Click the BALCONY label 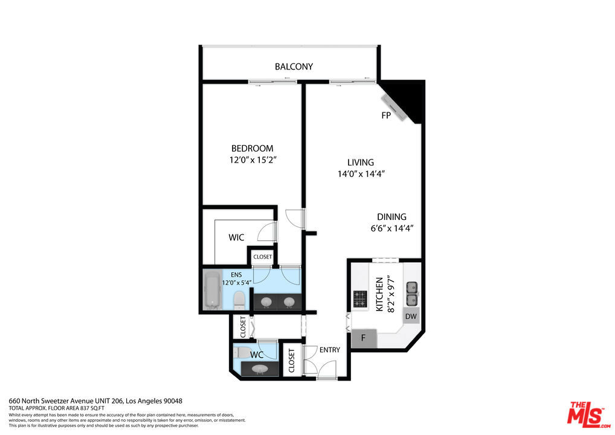point(294,66)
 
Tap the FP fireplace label point(386,115)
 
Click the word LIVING point(361,163)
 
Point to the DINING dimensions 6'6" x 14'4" point(392,228)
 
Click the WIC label point(236,237)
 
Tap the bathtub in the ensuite point(213,290)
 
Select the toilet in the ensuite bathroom point(239,300)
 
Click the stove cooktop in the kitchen point(359,299)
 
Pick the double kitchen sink point(411,294)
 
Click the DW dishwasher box point(411,316)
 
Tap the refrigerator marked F point(364,338)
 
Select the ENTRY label point(329,350)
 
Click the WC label point(257,355)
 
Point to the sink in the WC point(259,369)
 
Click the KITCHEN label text point(379,295)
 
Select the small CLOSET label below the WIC point(262,257)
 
